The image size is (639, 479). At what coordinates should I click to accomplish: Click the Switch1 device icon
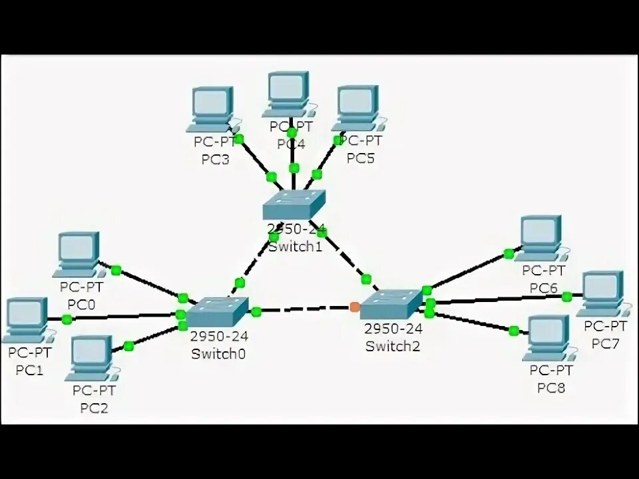pos(294,205)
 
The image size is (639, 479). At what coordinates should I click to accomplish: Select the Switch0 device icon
pos(216,312)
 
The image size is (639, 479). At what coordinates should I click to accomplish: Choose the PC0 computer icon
pos(79,253)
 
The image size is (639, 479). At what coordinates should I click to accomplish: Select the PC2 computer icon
pos(92,357)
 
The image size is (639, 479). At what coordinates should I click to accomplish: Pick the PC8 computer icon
pos(549,337)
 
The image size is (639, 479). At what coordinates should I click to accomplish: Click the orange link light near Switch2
pos(354,307)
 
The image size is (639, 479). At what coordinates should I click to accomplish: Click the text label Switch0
pos(218,354)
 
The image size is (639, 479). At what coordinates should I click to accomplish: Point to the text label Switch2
pos(393,347)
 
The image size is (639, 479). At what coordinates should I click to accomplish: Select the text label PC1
pos(29,370)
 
